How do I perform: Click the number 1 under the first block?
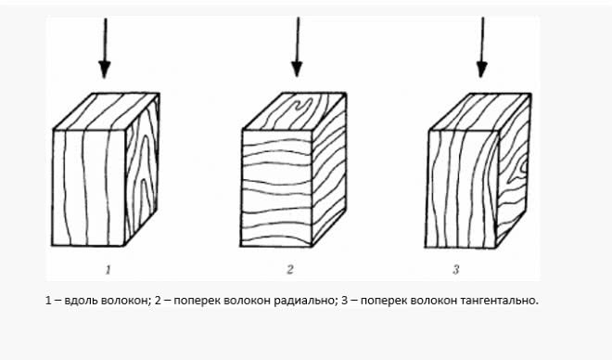tap(108, 270)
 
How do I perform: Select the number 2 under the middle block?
tap(290, 270)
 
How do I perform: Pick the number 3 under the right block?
tap(456, 270)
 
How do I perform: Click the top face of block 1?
tap(107, 111)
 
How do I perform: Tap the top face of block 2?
tap(294, 111)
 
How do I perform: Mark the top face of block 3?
tap(479, 111)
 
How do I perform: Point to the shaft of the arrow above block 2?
tap(297, 37)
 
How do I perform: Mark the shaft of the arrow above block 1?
tap(105, 37)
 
